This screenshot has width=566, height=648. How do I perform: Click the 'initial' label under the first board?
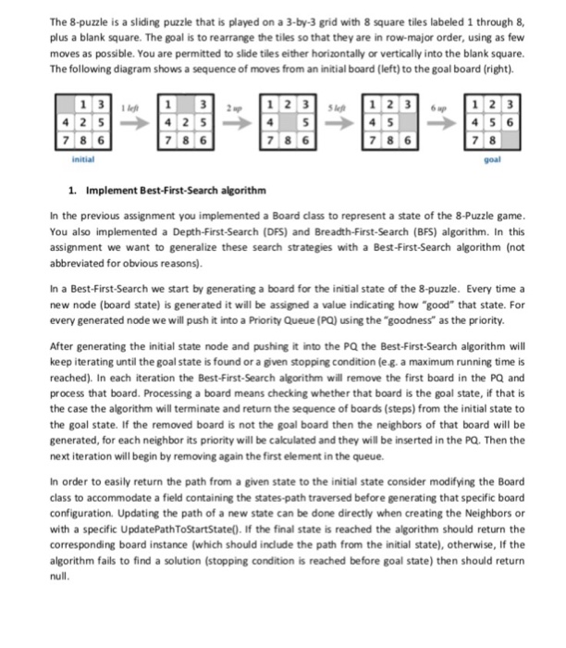[80, 158]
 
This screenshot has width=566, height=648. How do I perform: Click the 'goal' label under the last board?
[493, 158]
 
